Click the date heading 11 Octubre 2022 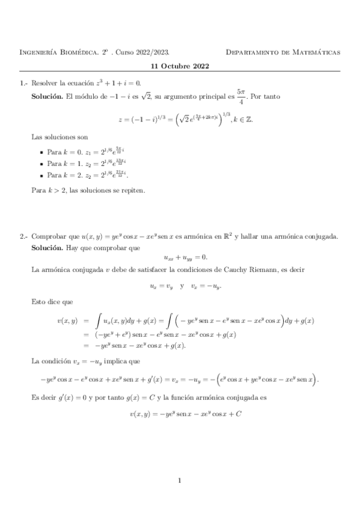[x=180, y=66]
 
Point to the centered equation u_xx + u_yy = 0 [x=180, y=257]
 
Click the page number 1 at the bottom [x=180, y=480]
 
